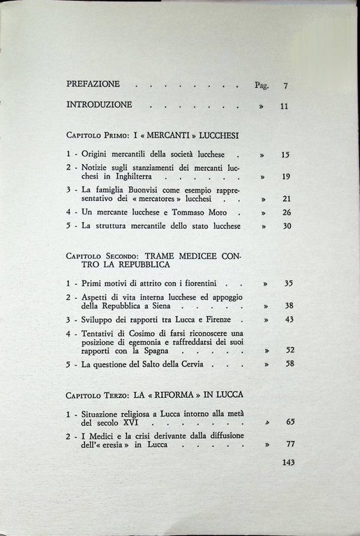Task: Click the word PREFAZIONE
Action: click(x=93, y=84)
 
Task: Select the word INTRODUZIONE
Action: click(x=99, y=106)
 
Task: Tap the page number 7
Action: click(x=286, y=87)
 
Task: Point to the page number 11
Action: click(x=284, y=107)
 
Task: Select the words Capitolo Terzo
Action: click(x=96, y=395)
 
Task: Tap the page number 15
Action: click(x=285, y=155)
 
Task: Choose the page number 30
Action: click(x=285, y=226)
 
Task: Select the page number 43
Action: click(x=289, y=320)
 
